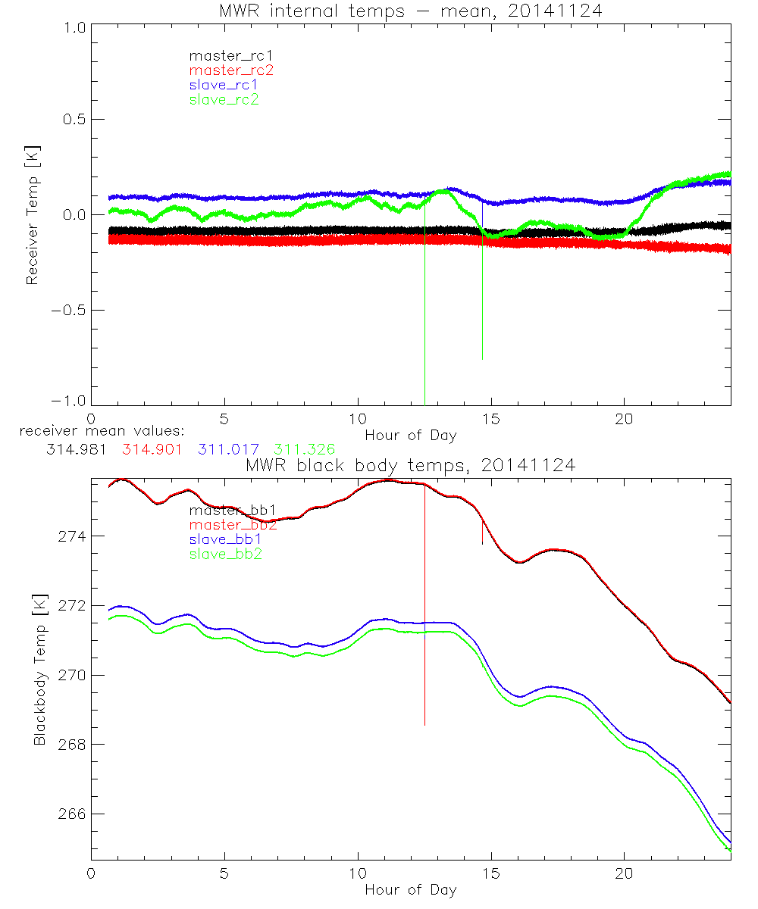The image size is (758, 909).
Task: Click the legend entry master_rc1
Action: [225, 55]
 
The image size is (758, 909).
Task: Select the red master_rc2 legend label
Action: [231, 70]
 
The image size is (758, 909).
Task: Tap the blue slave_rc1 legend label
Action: [224, 84]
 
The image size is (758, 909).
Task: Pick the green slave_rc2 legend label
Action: [224, 99]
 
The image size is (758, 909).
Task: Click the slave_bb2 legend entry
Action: [226, 554]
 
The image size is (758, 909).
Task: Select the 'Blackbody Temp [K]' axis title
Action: [39, 670]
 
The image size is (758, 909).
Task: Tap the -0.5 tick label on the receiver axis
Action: [69, 311]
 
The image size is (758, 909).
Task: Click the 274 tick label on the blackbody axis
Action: [73, 536]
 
